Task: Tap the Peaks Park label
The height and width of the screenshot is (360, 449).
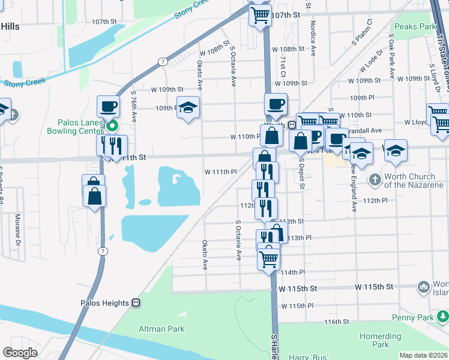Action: tap(414, 27)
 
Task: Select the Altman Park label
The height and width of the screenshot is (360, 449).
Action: tap(162, 329)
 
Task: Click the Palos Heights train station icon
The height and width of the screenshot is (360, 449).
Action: tap(136, 303)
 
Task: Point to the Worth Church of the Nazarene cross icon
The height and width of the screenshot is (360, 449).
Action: tap(375, 179)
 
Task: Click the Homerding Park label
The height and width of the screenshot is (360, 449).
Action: tap(380, 340)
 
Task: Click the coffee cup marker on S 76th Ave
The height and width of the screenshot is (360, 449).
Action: tap(108, 106)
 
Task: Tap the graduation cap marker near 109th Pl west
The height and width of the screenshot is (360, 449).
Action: tap(188, 107)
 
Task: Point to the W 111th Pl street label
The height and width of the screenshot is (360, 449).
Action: tap(221, 172)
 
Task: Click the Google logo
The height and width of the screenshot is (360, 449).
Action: tap(20, 353)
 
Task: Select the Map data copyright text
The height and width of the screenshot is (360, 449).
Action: tap(423, 355)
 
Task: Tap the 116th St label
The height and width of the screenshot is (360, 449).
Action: tap(337, 322)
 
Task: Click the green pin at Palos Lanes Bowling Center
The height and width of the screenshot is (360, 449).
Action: tap(112, 126)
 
